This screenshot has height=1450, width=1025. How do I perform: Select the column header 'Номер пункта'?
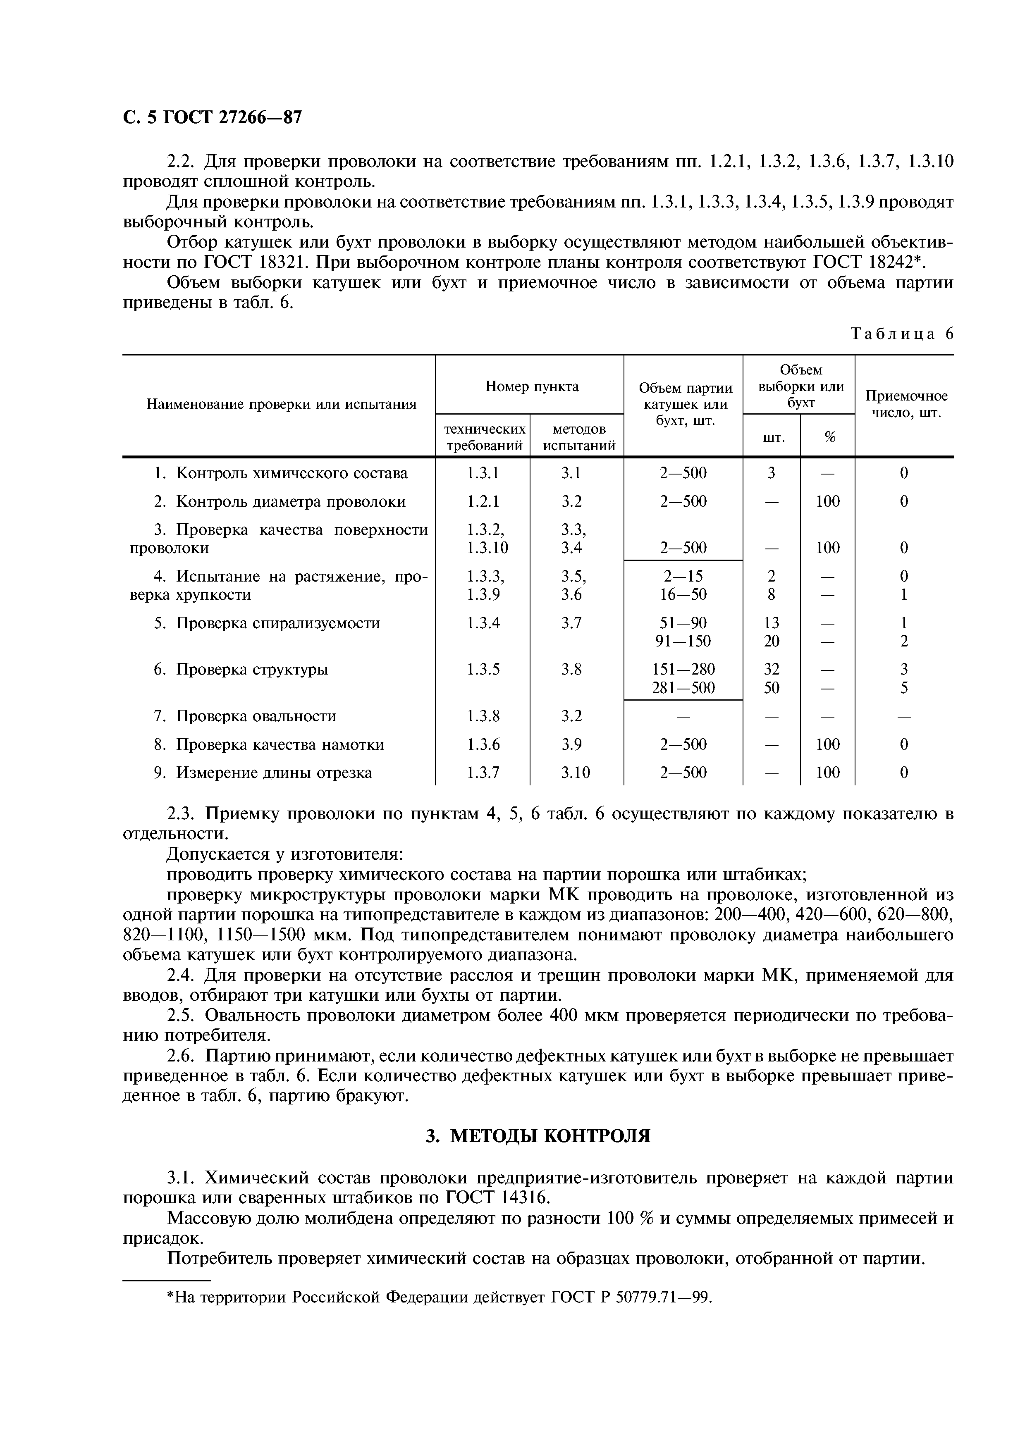(x=532, y=386)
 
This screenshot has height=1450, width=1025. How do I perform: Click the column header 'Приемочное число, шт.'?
(x=906, y=404)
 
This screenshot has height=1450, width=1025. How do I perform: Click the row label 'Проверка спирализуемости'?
(x=277, y=623)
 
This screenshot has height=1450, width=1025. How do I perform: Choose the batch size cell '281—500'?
(x=683, y=688)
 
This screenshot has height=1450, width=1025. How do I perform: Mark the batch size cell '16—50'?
(x=683, y=595)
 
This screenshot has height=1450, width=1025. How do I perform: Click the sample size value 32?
(x=771, y=669)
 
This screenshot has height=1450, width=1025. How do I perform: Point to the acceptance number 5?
(x=904, y=688)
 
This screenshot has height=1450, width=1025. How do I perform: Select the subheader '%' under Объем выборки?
(x=829, y=437)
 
